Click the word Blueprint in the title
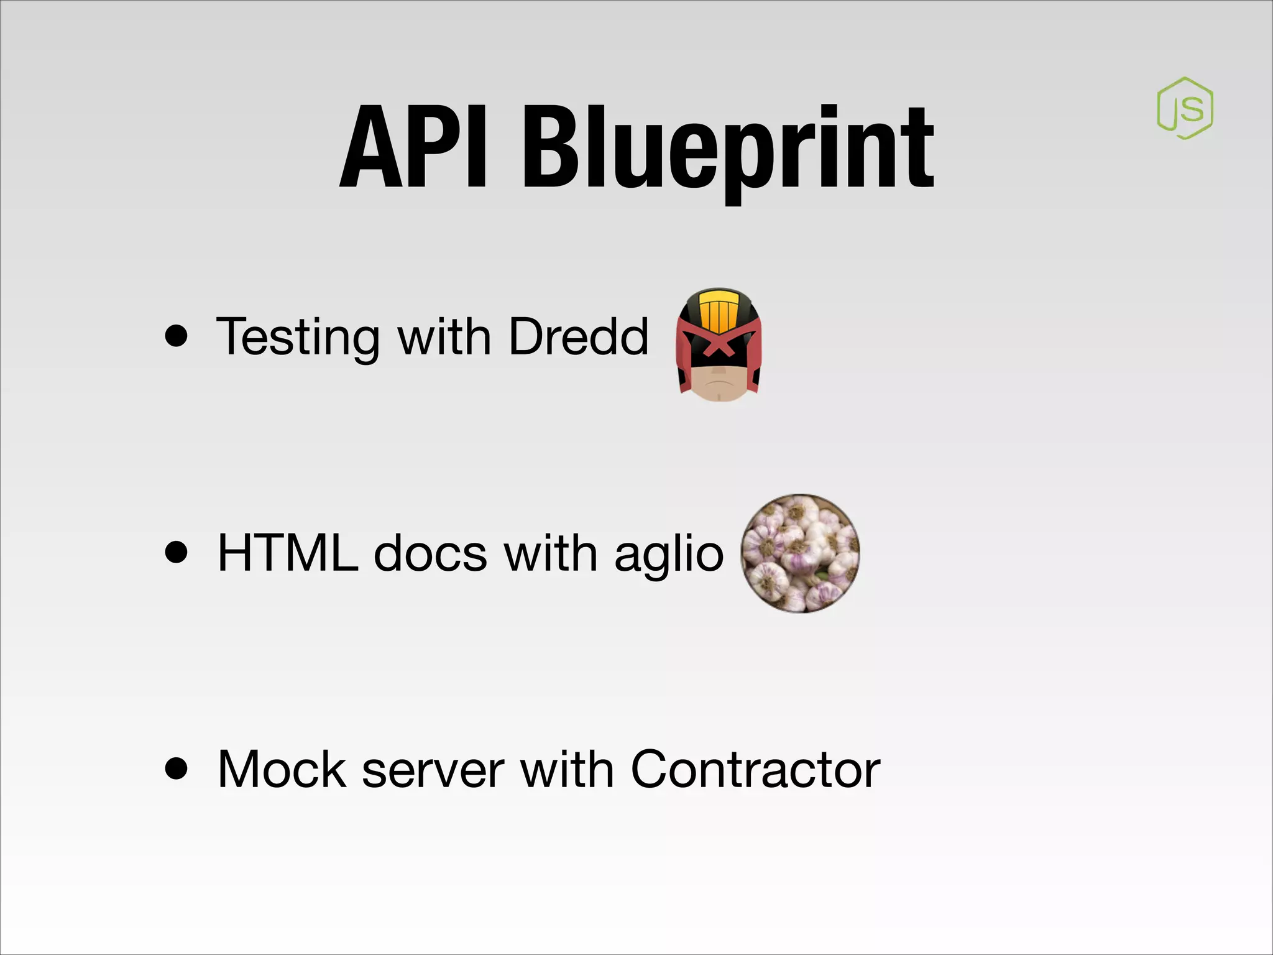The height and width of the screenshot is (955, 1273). (727, 149)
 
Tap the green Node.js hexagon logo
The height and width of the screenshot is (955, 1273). (1185, 108)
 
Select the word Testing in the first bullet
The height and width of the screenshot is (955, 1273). (298, 337)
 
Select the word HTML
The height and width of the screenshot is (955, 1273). (287, 553)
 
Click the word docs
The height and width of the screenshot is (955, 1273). (430, 553)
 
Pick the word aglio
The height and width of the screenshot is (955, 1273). (669, 554)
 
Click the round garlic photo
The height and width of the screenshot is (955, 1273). (801, 553)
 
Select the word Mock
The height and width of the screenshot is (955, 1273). (282, 769)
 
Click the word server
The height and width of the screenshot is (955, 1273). (433, 770)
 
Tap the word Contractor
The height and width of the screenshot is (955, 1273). (755, 769)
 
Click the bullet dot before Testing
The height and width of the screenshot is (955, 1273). (177, 336)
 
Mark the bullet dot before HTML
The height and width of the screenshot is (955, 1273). (177, 552)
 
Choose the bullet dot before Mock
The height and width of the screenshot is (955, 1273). (177, 768)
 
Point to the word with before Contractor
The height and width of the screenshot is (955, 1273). (567, 769)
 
